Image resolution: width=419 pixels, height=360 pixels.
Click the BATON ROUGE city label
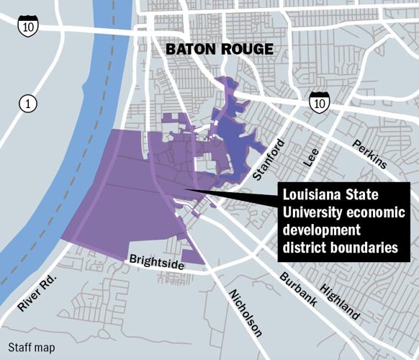pyautogui.click(x=220, y=49)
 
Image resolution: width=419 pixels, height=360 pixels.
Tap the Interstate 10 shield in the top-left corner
pyautogui.click(x=28, y=24)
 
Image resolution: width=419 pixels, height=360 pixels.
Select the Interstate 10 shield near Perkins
pyautogui.click(x=320, y=103)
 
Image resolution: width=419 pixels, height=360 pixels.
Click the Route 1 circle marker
pyautogui.click(x=27, y=104)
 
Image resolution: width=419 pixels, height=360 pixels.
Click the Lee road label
pyautogui.click(x=311, y=156)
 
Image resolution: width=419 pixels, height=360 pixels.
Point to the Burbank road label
pyautogui.click(x=297, y=290)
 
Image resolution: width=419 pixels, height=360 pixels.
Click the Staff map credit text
pyautogui.click(x=32, y=347)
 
